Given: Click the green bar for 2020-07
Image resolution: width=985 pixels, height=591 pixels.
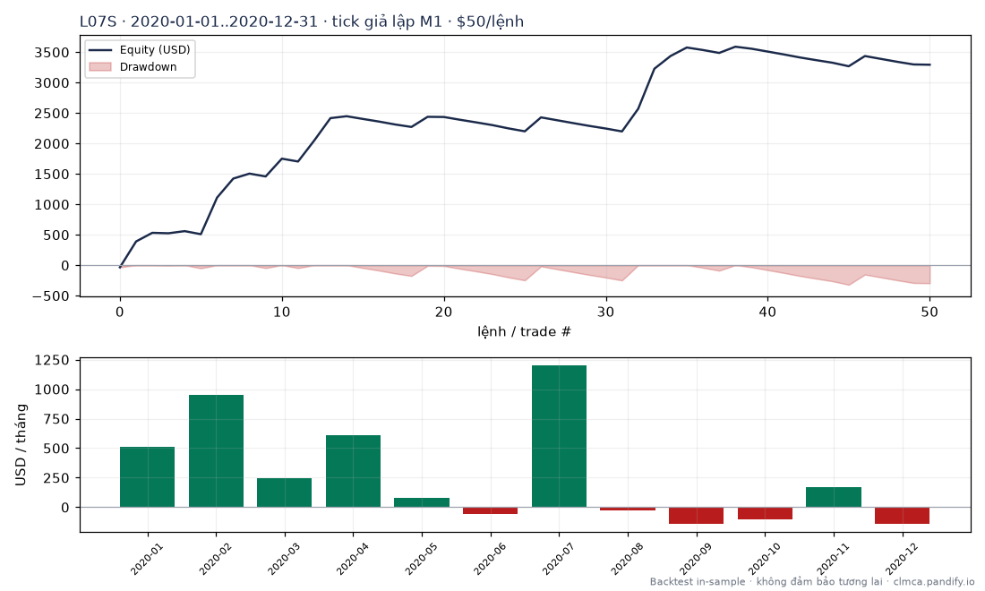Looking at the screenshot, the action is point(559,436).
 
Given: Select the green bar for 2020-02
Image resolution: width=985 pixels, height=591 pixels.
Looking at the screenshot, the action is point(216,451).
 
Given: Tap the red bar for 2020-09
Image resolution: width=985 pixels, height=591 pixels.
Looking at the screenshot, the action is point(696,515).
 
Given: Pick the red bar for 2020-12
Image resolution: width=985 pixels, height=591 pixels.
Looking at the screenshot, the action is point(902,515).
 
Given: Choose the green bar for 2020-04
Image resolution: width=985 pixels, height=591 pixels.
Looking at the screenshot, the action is point(353,471).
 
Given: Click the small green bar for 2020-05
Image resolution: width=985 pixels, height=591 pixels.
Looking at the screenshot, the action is point(422,502).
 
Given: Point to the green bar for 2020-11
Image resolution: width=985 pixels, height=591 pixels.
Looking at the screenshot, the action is point(834,497).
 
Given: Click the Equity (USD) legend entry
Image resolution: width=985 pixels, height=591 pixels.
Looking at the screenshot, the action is point(140,49).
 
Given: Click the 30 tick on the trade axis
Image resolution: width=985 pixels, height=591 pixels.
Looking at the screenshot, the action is point(605,313).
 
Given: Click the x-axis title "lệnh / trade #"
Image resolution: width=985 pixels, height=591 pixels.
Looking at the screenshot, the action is point(525,331).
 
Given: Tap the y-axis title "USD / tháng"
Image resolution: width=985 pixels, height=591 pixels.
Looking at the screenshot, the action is point(21,445).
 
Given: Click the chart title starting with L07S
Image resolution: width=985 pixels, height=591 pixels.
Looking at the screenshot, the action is point(302,21).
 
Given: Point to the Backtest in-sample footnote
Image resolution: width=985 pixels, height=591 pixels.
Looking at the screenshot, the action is point(811,581).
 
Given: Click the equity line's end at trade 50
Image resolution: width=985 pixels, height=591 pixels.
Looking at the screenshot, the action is point(929,64).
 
